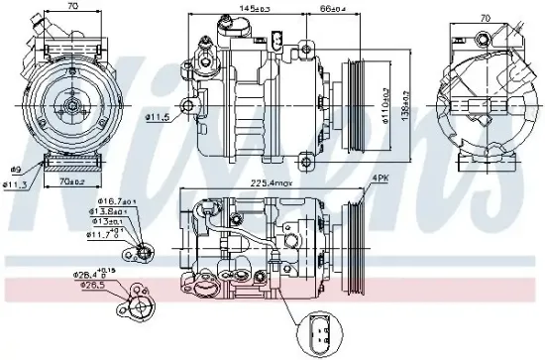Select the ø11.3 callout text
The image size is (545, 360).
point(16,181)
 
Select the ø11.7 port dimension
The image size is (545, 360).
point(104,234)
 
